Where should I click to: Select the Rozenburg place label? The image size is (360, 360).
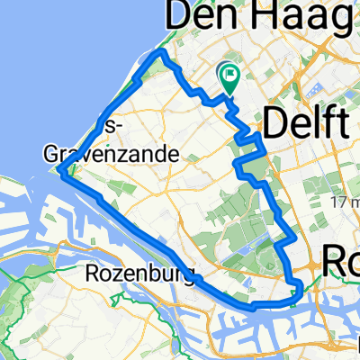coord(141,272)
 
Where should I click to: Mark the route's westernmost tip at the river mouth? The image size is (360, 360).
coord(60,170)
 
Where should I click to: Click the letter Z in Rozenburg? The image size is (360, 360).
coord(127,272)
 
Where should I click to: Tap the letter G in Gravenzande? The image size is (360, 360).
coord(53,154)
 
